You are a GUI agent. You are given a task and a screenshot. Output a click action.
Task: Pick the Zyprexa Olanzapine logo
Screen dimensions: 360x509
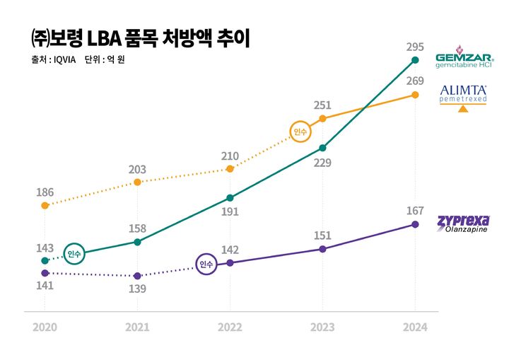point(463,225)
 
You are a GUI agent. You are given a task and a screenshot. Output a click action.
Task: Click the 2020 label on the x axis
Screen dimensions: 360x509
point(45,327)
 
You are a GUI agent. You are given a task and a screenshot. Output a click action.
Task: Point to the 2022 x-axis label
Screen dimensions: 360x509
point(230,327)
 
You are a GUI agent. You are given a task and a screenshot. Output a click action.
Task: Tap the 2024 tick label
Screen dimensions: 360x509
point(415,327)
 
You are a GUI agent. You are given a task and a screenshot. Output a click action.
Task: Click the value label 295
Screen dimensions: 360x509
point(415,47)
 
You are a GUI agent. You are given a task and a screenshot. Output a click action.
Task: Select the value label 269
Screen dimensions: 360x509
point(415,81)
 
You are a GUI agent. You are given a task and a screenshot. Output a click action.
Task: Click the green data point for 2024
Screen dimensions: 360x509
point(415,60)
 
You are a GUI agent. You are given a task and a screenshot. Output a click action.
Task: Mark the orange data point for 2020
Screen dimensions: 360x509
point(45,206)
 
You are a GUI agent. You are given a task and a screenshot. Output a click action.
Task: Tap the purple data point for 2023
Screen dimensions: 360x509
point(322,249)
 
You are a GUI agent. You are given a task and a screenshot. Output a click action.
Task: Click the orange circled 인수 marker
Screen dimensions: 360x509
point(300,132)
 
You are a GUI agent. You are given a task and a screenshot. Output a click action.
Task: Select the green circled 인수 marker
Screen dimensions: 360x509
point(74,253)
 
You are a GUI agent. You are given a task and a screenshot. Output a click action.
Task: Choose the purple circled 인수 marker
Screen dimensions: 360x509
point(206,265)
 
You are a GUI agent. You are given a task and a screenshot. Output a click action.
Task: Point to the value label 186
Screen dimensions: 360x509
point(45,192)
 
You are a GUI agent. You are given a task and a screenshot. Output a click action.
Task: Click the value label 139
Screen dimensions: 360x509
point(137,289)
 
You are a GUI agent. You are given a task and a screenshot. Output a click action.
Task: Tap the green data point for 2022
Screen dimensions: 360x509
point(230,198)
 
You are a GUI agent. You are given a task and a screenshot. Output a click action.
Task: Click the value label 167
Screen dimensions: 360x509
point(415,211)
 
